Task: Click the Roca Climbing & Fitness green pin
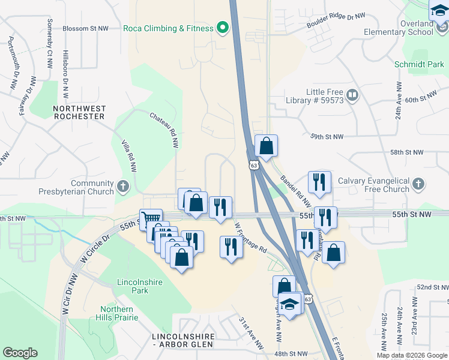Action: pos(223,28)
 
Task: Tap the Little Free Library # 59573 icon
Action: pos(352,94)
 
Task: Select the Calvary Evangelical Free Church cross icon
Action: pos(419,184)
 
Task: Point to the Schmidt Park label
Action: pos(419,64)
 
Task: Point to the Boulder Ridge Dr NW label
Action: pos(336,20)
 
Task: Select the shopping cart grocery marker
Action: pos(151,219)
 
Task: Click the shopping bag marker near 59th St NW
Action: pos(266,146)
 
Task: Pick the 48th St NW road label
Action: pos(292,354)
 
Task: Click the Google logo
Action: pos(20,353)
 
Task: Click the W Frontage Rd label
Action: pos(250,239)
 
